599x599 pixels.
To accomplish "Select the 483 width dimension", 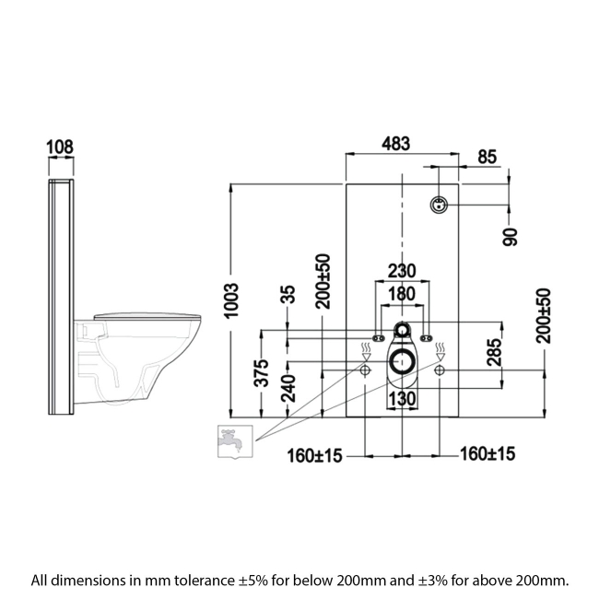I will [x=396, y=144].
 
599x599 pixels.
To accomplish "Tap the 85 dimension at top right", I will [x=487, y=158].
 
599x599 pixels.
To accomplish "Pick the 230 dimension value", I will [x=401, y=271].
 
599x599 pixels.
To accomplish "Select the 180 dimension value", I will [x=401, y=293].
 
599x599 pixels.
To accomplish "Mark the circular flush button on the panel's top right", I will [x=440, y=204].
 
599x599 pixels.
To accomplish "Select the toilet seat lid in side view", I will [x=147, y=315].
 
